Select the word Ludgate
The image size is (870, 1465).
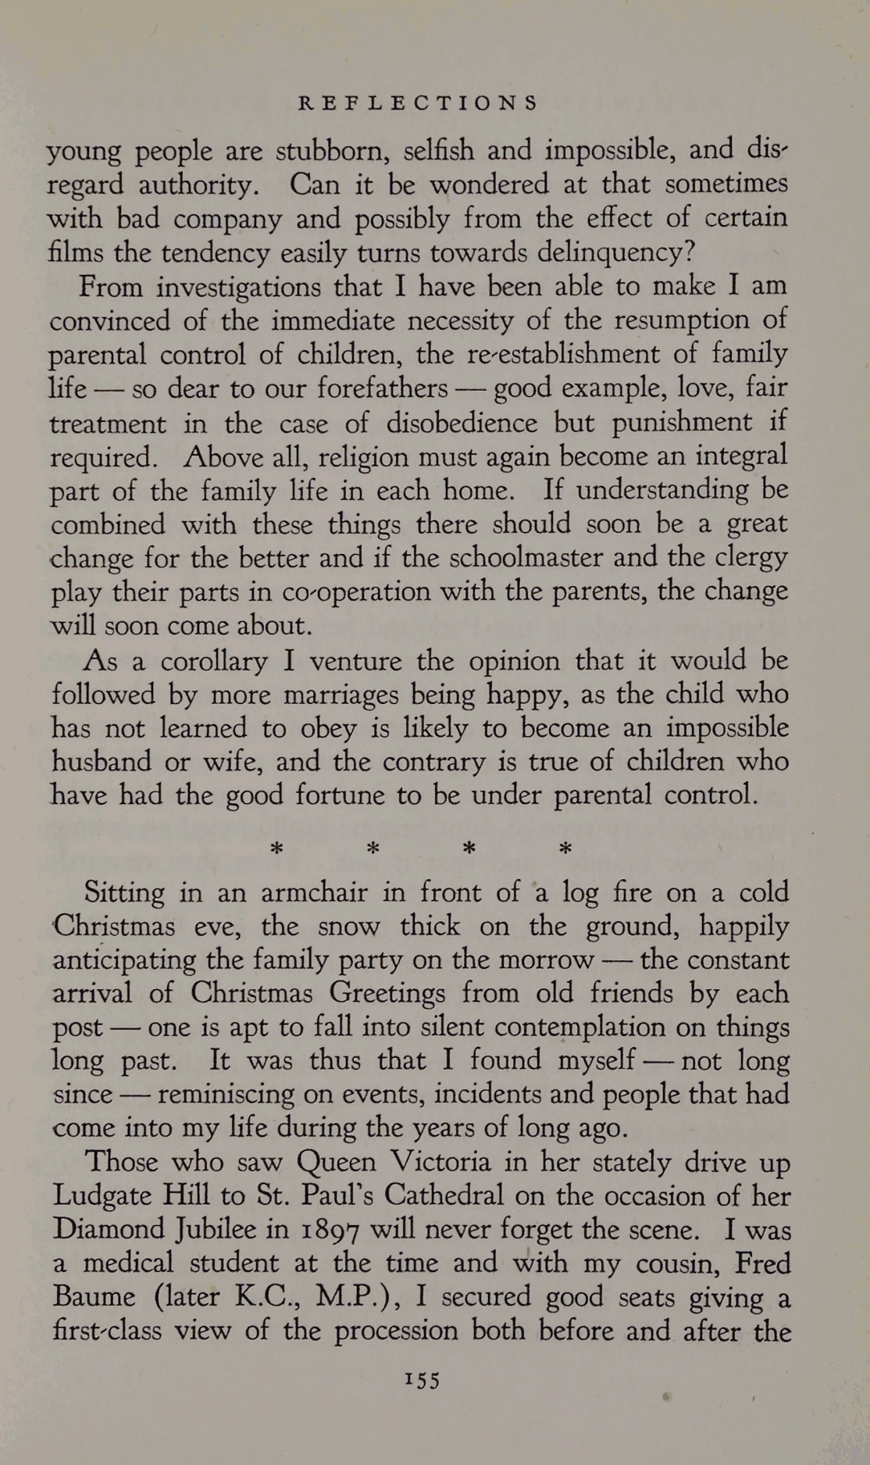point(100,1197)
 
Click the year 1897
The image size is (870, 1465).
point(330,1231)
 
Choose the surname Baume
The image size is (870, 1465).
point(94,1297)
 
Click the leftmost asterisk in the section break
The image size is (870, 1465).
point(275,848)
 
